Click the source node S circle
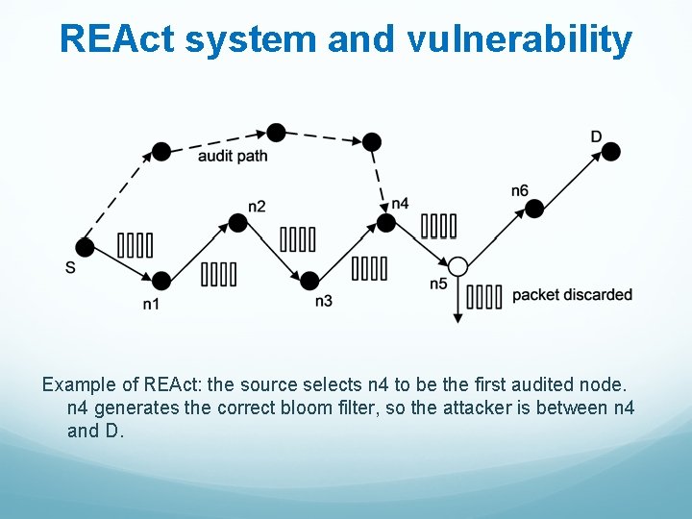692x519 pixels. pyautogui.click(x=85, y=247)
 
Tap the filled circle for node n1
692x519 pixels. pyautogui.click(x=161, y=281)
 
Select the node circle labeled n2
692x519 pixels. pyautogui.click(x=238, y=223)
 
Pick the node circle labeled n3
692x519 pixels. pyautogui.click(x=309, y=281)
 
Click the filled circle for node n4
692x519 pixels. pyautogui.click(x=385, y=223)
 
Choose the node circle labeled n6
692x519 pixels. pyautogui.click(x=534, y=209)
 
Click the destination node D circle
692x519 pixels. pyautogui.click(x=610, y=152)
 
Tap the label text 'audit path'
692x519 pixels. pyautogui.click(x=232, y=156)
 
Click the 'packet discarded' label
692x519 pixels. pyautogui.click(x=572, y=294)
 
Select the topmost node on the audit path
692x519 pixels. pyautogui.click(x=277, y=132)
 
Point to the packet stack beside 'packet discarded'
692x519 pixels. pyautogui.click(x=484, y=296)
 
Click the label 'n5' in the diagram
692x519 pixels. pyautogui.click(x=438, y=284)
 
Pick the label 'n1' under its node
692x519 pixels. pyautogui.click(x=151, y=305)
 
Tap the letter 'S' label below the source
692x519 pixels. pyautogui.click(x=70, y=267)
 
